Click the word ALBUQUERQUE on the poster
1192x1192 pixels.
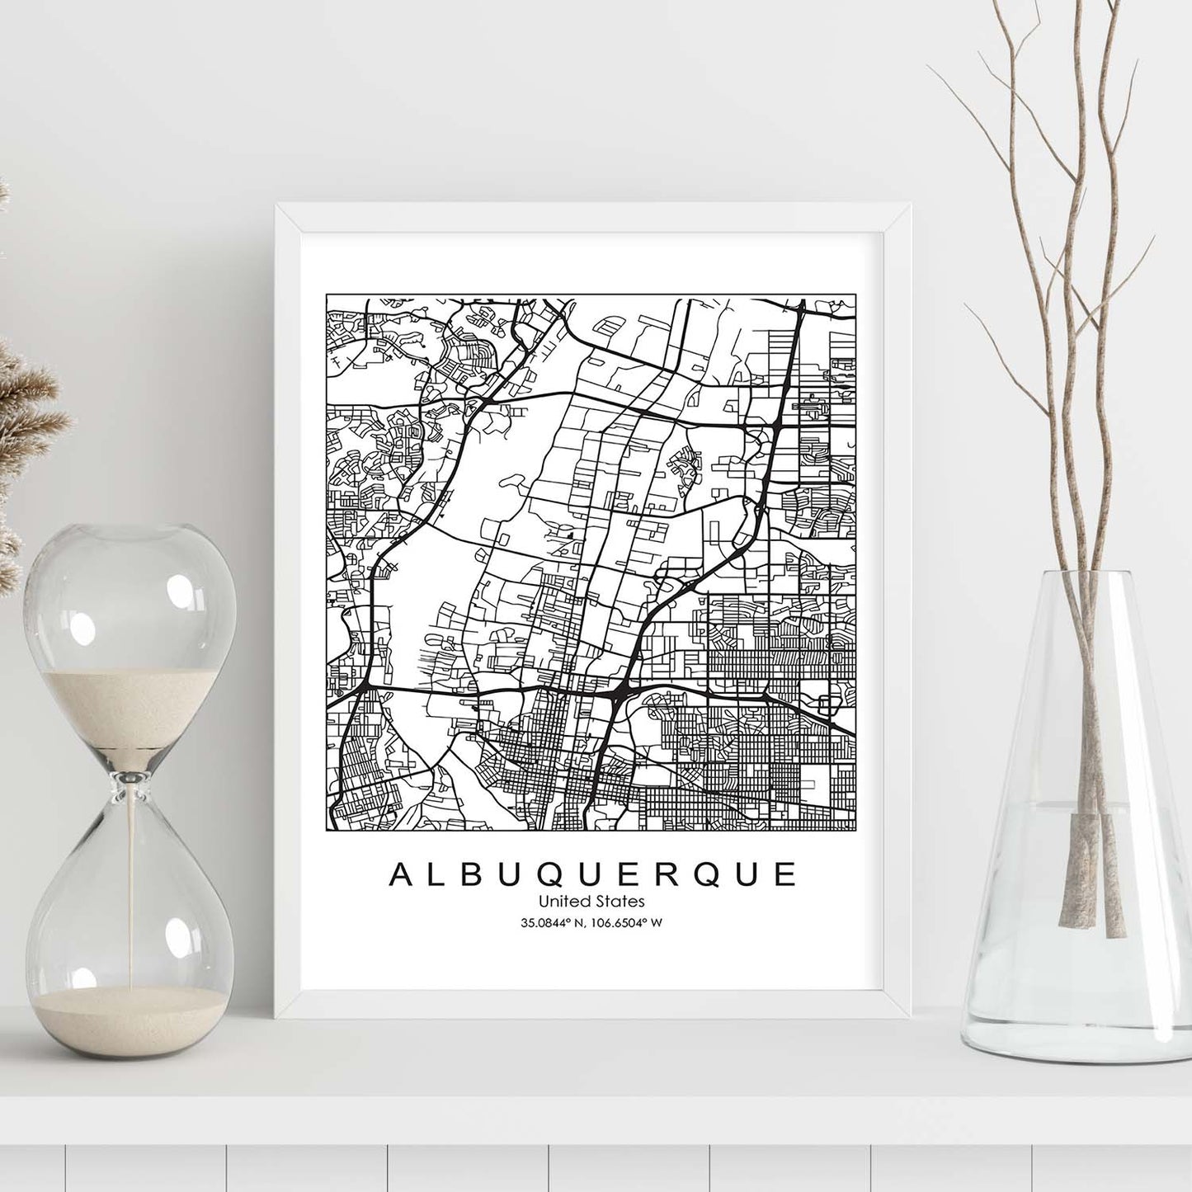592,875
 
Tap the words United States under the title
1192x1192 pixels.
593,902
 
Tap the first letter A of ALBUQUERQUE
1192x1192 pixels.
398,875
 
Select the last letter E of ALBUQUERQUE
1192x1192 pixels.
785,875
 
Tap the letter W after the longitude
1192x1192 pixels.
657,923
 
